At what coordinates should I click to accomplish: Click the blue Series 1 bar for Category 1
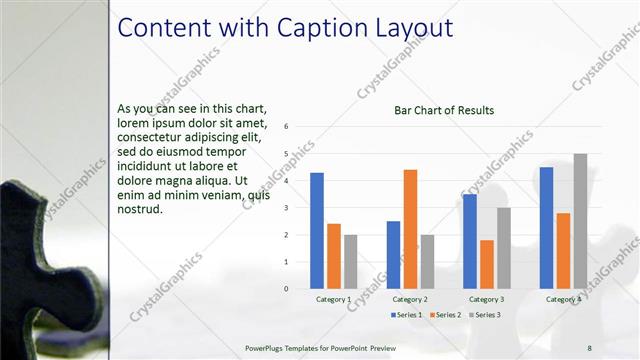pos(317,230)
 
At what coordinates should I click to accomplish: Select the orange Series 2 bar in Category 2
pos(410,229)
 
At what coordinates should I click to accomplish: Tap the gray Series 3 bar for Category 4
pos(580,221)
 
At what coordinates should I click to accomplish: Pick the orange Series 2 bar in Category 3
pos(487,264)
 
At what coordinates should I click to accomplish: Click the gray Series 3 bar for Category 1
pos(350,261)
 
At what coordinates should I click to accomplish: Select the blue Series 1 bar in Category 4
pos(546,227)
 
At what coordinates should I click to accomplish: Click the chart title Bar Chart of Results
pos(444,110)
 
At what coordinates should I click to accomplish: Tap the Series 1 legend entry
pos(405,315)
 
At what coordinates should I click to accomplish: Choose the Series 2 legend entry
pos(445,315)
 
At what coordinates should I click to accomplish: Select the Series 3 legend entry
pos(484,315)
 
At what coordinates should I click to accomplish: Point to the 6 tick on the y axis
pos(287,127)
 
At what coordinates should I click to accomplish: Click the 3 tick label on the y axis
pos(287,208)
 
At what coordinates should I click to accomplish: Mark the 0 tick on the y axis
pos(287,289)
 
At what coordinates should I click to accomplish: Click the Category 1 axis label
pos(333,299)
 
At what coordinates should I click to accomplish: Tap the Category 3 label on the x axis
pos(487,299)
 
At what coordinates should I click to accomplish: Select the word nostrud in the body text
pos(139,209)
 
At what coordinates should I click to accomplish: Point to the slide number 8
pos(589,347)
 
